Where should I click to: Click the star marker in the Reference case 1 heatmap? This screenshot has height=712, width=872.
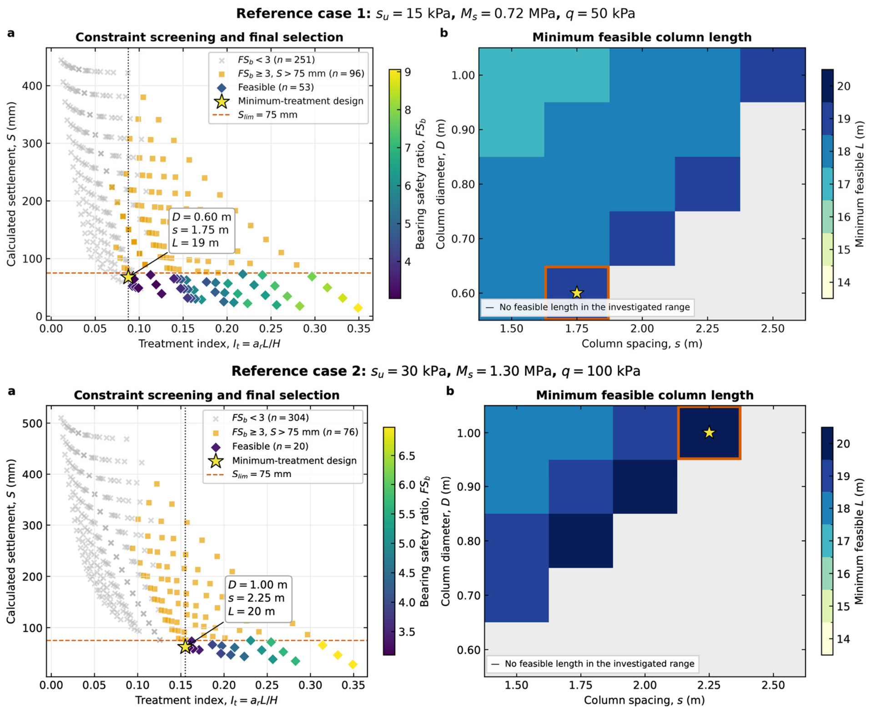pos(576,293)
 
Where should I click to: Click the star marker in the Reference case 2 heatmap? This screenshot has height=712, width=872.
pos(709,432)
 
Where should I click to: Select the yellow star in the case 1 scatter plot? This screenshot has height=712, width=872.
pos(128,276)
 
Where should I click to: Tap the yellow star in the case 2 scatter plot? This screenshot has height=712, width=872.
pos(185,646)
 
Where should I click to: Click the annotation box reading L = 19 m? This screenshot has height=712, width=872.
pos(202,230)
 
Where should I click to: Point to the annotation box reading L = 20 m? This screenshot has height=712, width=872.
pos(258,598)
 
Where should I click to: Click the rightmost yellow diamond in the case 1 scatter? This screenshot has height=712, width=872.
pos(358,308)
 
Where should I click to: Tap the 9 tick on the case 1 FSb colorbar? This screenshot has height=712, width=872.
pos(408,72)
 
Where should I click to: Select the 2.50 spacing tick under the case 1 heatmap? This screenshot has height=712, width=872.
pos(772,328)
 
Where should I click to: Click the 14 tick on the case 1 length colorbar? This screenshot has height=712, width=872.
pos(843,282)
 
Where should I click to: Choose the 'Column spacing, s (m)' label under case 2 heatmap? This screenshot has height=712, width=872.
pos(644,700)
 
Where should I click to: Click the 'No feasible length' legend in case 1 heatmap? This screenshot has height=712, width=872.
pos(588,307)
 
